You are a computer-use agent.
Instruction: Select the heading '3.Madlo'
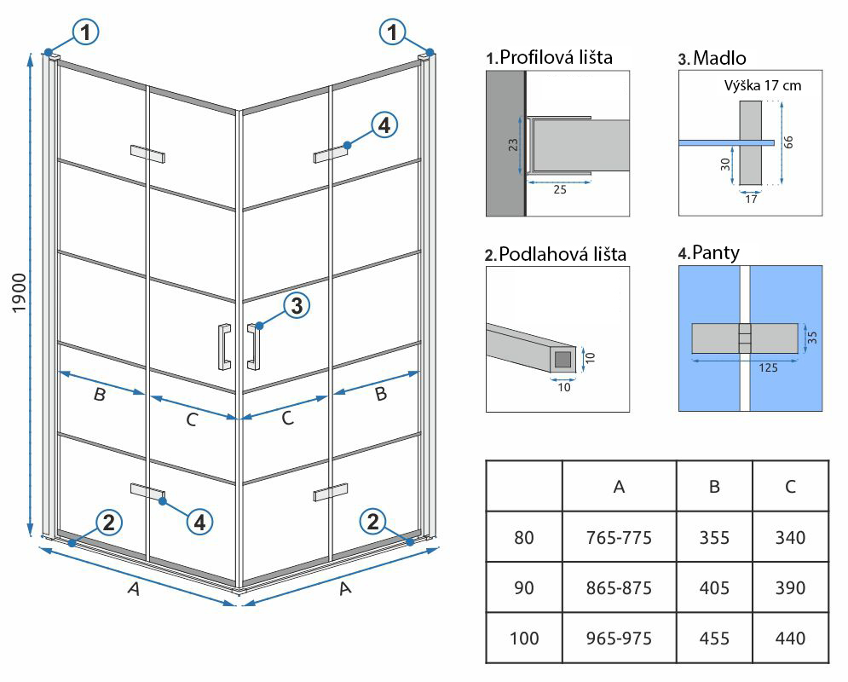(x=712, y=58)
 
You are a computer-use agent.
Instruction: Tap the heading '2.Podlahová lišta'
(x=555, y=254)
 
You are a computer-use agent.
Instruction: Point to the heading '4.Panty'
(x=708, y=252)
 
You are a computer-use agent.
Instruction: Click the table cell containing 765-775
(x=619, y=537)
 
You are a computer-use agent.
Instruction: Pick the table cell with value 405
(x=714, y=587)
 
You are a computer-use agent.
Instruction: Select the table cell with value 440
(x=791, y=638)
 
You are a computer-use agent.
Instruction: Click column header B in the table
(x=714, y=487)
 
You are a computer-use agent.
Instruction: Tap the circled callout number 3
(x=295, y=306)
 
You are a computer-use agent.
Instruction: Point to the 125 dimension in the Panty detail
(x=744, y=368)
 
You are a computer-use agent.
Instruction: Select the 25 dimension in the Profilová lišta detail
(x=559, y=188)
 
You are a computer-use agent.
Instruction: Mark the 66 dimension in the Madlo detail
(x=788, y=141)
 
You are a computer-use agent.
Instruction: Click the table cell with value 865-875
(x=619, y=587)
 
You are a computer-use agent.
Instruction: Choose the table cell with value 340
(x=791, y=537)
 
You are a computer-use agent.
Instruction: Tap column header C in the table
(x=791, y=487)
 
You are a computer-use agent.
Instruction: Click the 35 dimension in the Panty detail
(x=811, y=337)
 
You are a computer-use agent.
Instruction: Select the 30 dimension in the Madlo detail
(x=725, y=165)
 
